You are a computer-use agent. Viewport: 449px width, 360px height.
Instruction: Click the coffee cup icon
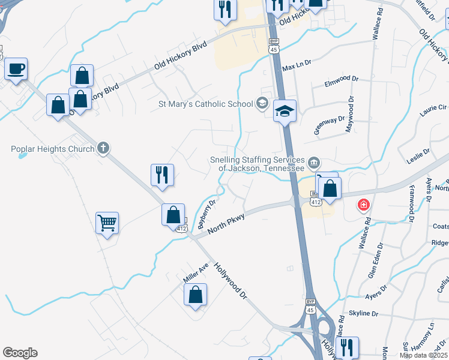pos(16,68)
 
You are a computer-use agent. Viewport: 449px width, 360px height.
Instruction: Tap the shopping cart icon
pos(107,223)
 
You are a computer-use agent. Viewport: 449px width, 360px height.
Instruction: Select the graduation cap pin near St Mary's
pos(285,110)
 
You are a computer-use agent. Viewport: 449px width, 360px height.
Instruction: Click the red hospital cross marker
pos(363,206)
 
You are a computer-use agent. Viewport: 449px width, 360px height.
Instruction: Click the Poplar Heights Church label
pos(53,149)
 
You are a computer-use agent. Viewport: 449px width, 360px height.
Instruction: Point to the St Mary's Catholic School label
pos(205,104)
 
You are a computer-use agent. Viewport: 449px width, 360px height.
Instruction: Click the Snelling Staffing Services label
pos(257,164)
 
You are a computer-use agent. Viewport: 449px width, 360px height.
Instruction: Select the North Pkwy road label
pos(226,224)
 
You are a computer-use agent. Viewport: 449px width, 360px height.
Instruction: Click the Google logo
pos(20,353)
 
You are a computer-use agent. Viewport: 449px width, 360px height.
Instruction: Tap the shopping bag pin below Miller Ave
pos(196,295)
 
